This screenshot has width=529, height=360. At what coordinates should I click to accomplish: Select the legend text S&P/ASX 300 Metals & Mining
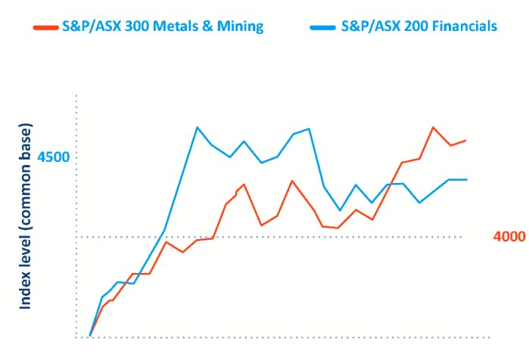(162, 26)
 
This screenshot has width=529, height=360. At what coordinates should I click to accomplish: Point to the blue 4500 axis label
(54, 157)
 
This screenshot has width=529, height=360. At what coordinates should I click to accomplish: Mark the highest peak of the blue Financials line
(197, 127)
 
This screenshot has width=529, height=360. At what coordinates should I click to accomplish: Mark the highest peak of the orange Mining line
(433, 127)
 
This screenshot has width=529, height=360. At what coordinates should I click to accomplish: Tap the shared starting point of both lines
(90, 335)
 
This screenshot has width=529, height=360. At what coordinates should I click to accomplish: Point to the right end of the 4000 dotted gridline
(461, 237)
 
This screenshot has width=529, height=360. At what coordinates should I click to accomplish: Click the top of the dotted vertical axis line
(77, 97)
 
